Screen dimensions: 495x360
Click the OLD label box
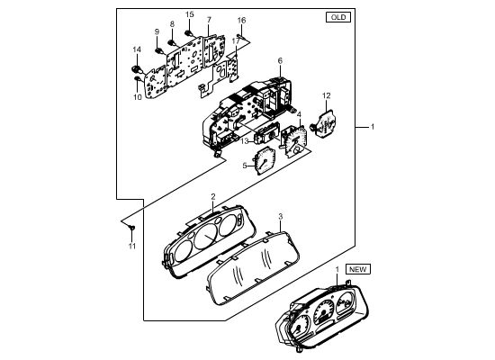click(338, 17)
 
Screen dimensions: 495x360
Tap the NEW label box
click(358, 269)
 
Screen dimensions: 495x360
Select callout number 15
click(189, 14)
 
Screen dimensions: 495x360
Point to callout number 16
click(241, 20)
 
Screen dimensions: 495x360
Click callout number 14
click(137, 49)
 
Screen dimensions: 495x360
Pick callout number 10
click(138, 97)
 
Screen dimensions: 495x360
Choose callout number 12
click(326, 95)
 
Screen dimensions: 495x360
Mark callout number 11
click(132, 246)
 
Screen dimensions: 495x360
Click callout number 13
click(245, 141)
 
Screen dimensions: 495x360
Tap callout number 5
click(245, 166)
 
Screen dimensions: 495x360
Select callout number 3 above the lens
click(280, 216)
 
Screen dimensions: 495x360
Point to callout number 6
click(280, 60)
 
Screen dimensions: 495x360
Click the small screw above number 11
click(132, 227)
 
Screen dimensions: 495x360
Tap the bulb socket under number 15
click(189, 32)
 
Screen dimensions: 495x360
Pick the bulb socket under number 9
click(158, 50)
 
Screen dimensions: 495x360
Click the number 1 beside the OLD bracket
click(373, 127)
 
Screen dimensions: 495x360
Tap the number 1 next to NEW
click(337, 269)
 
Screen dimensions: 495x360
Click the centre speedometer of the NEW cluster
click(323, 312)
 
